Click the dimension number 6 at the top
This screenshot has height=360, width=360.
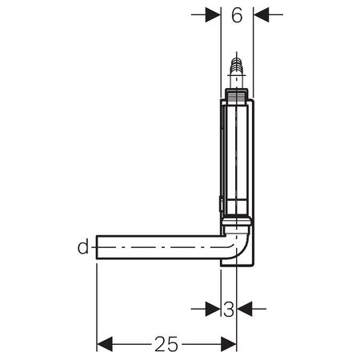pos(237,15)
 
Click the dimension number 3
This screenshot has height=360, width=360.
pos(229,310)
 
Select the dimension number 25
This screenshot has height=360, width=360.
pos(166,344)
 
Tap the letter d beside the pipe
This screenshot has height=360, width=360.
pos(83,247)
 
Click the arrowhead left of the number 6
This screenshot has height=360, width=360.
pos(213,14)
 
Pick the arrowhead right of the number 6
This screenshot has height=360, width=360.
pos(261,14)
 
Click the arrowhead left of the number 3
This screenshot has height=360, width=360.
pos(213,309)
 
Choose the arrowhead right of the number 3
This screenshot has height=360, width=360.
pos(245,309)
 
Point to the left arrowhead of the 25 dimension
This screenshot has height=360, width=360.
pos(105,344)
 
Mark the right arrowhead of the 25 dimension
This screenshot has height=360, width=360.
pos(229,344)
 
